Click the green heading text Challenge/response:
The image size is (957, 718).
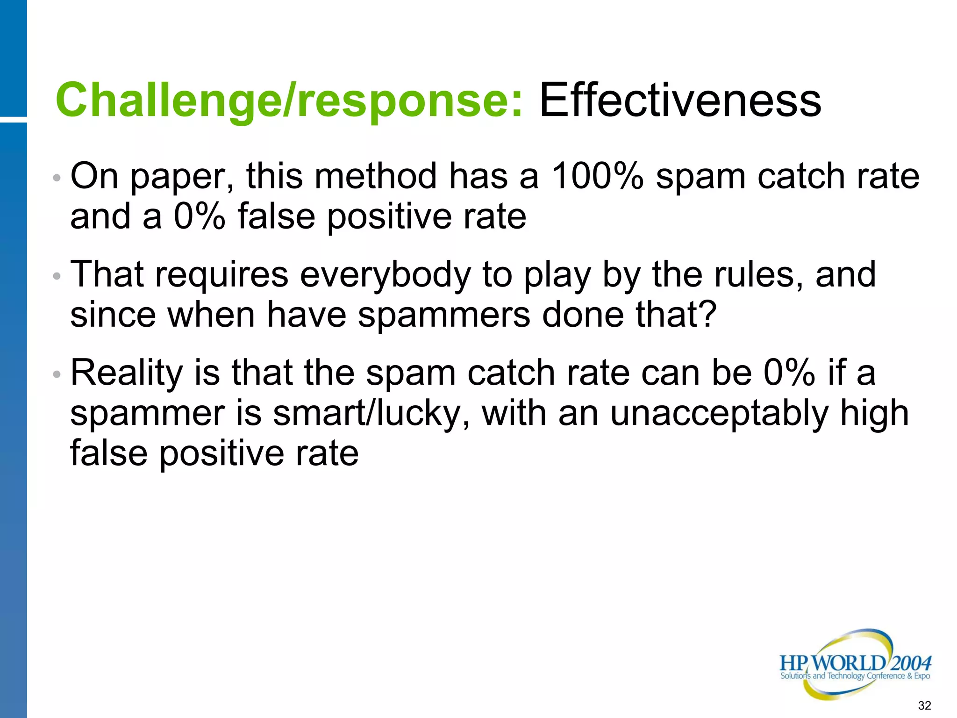point(289,101)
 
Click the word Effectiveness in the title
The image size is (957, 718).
point(680,100)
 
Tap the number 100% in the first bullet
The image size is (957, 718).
point(597,176)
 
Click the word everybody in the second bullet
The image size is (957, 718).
point(385,276)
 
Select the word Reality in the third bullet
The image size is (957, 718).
point(126,374)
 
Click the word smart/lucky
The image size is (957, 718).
point(371,414)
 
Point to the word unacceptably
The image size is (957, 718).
point(719,414)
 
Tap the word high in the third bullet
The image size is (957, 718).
point(874,414)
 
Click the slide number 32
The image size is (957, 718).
point(924,705)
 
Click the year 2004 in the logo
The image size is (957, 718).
point(911,663)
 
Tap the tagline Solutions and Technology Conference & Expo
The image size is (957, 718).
point(855,676)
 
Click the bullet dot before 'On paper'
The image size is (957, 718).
point(57,178)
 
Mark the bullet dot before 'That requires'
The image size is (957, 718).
point(57,276)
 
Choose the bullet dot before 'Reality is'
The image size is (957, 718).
point(57,374)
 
